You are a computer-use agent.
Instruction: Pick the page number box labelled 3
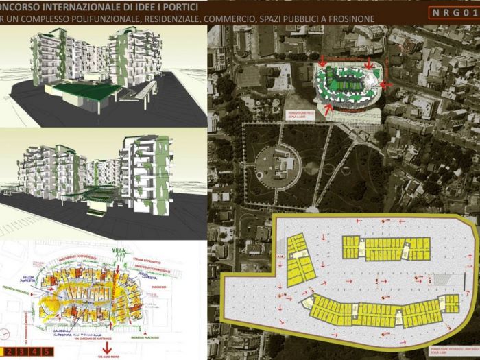point(23,352)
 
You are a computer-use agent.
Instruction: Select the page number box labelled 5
point(47,352)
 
